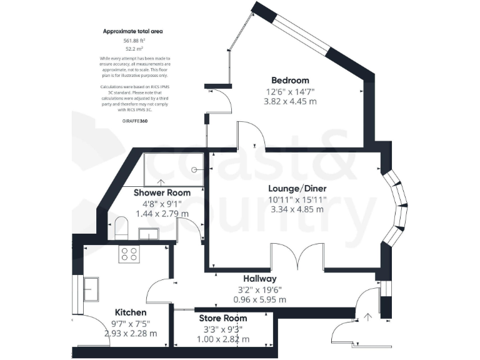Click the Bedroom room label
pyautogui.click(x=290, y=80)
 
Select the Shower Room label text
pyautogui.click(x=162, y=193)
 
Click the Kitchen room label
pyautogui.click(x=131, y=312)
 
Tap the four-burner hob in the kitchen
pyautogui.click(x=130, y=253)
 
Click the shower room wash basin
pyautogui.click(x=149, y=233)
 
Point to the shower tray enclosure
pyautogui.click(x=174, y=168)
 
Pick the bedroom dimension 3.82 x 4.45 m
pyautogui.click(x=290, y=101)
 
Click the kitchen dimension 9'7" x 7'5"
pyautogui.click(x=131, y=323)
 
